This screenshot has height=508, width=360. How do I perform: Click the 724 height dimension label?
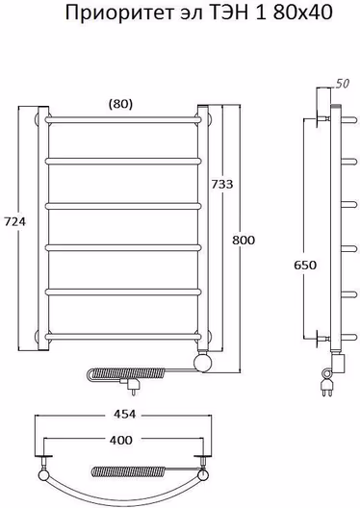pyautogui.click(x=14, y=222)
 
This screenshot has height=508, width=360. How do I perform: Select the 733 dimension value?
pyautogui.click(x=222, y=184)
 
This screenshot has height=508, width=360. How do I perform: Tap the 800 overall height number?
pyautogui.click(x=244, y=241)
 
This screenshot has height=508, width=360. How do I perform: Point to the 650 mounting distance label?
pyautogui.click(x=305, y=265)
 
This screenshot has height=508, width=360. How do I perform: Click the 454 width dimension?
pyautogui.click(x=124, y=414)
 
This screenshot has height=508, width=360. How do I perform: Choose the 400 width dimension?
pyautogui.click(x=121, y=440)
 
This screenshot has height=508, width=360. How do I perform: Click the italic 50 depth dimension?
pyautogui.click(x=343, y=84)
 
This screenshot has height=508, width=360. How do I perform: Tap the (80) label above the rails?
pyautogui.click(x=120, y=104)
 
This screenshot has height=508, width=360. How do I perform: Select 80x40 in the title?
pyautogui.click(x=302, y=13)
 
